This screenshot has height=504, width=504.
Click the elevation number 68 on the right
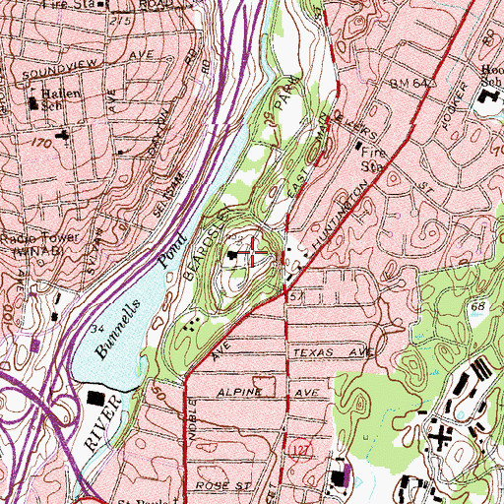pyautogui.click(x=477, y=308)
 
